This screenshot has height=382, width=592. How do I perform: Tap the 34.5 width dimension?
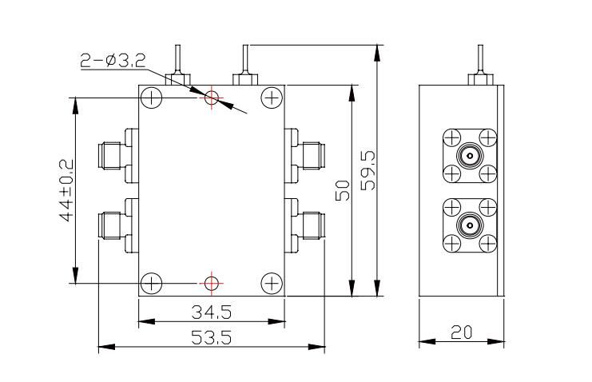(212, 310)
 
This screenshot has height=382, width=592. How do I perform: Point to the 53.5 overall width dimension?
(211, 337)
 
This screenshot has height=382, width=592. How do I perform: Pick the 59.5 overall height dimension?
(368, 170)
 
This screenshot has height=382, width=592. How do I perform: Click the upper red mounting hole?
(212, 97)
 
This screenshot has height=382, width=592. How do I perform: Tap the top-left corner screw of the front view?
(151, 98)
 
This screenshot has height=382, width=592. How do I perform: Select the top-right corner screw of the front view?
(272, 98)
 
